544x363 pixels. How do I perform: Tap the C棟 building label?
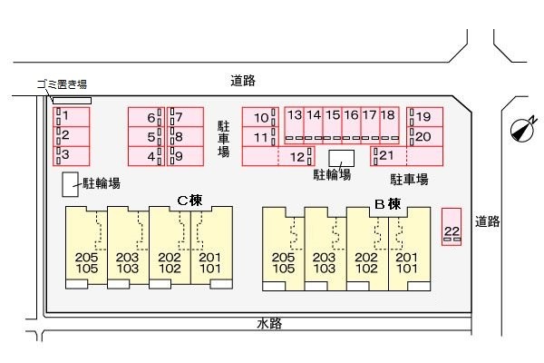[x=189, y=199]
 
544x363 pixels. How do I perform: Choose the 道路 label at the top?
[x=242, y=81]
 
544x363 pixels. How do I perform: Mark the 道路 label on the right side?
[x=487, y=221]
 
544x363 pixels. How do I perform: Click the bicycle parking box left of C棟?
[x=70, y=184]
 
